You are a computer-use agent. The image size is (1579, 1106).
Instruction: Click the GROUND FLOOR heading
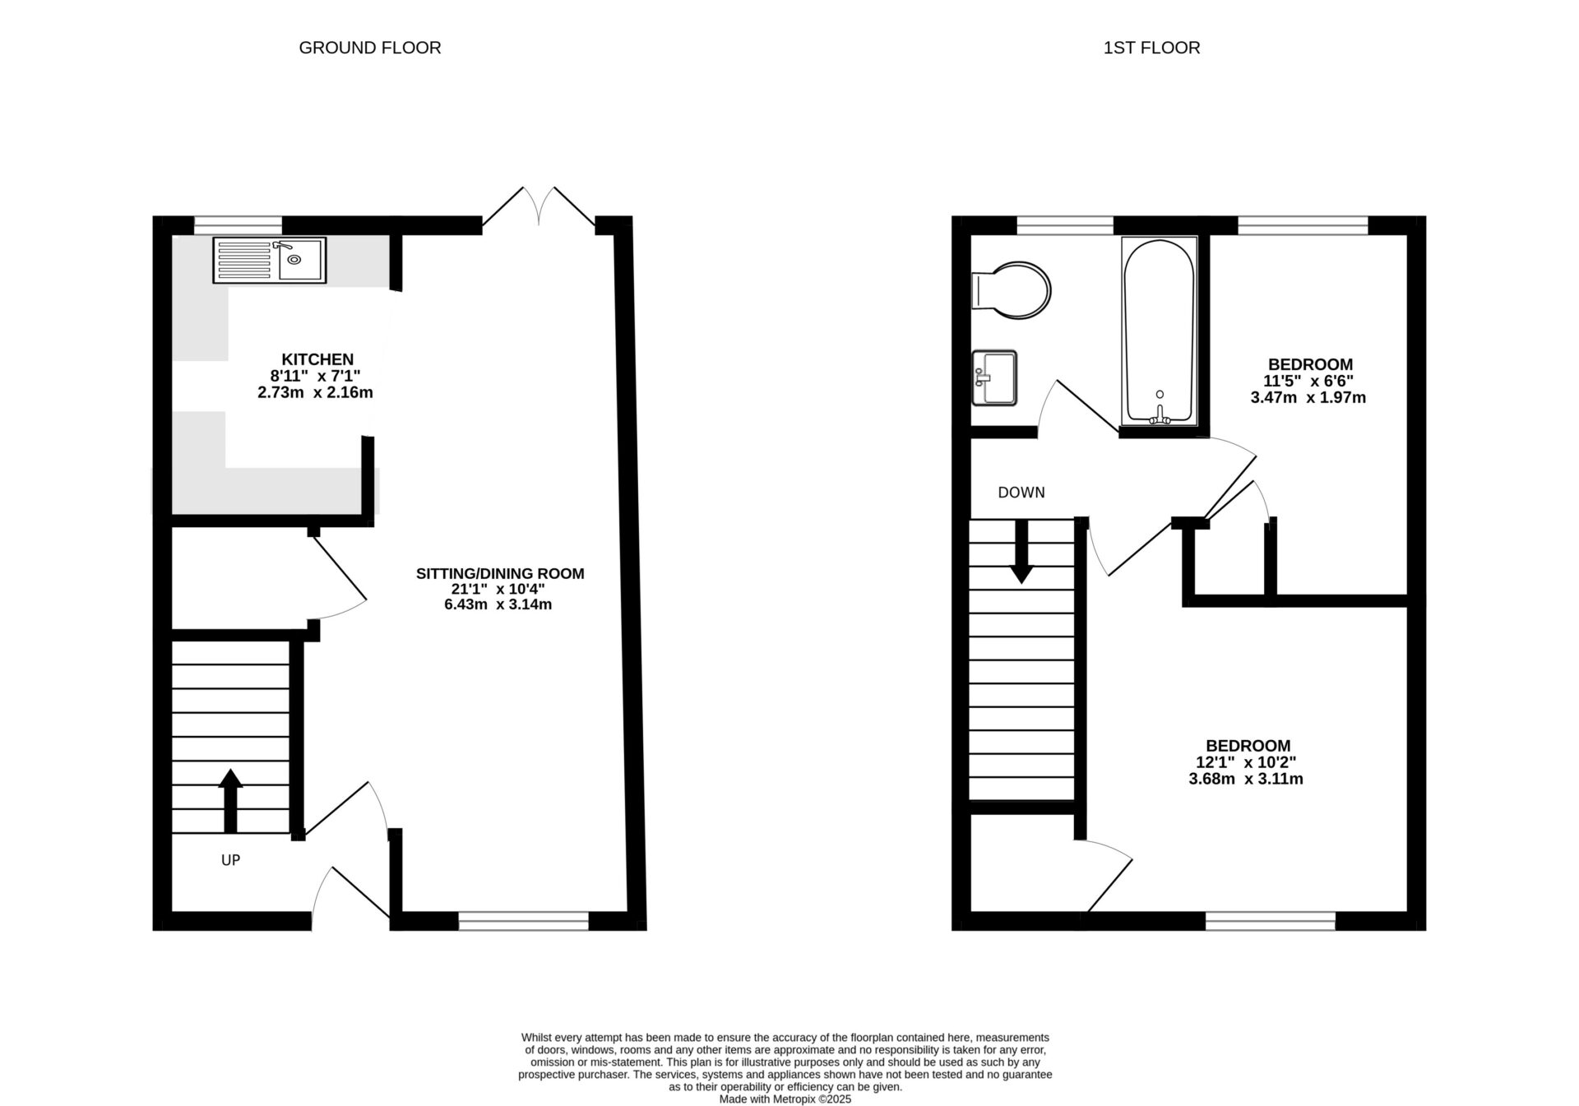[369, 48]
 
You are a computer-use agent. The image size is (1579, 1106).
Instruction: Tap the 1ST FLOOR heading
[1151, 48]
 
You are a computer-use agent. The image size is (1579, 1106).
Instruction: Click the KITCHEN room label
[317, 359]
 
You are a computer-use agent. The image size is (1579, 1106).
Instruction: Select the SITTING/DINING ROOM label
[500, 573]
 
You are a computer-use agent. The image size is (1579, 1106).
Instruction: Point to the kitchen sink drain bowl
[294, 260]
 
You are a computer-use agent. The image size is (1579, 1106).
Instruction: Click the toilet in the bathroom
[1012, 290]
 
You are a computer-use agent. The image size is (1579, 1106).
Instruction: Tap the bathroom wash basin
[994, 378]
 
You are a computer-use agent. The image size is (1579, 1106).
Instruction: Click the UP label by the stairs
[230, 860]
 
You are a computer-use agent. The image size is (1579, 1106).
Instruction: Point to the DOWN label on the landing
[1021, 493]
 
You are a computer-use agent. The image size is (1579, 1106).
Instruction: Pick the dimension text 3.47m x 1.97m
[1308, 398]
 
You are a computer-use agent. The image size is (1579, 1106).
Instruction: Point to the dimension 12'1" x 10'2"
[1247, 762]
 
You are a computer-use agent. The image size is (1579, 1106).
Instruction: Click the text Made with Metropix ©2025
[785, 1099]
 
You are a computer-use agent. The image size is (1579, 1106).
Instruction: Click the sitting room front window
[524, 922]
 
